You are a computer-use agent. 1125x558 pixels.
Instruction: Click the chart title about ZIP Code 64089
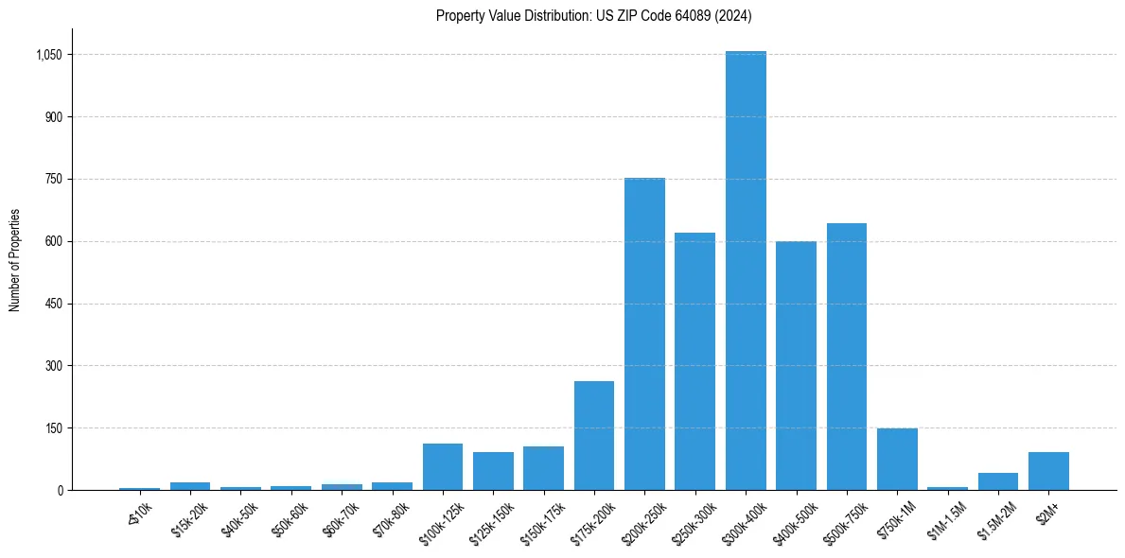[x=593, y=15]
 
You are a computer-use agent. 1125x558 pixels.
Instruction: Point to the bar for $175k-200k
[x=594, y=435]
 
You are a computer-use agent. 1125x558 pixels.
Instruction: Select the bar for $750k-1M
[x=897, y=460]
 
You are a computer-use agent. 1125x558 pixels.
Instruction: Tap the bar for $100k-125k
[x=443, y=466]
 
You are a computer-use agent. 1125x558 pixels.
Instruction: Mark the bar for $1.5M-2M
[x=998, y=481]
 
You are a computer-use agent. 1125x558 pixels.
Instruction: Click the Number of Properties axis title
[x=15, y=260]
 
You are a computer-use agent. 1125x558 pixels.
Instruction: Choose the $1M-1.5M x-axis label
[x=947, y=521]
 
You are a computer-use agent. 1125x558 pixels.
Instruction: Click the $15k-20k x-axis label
[x=189, y=519]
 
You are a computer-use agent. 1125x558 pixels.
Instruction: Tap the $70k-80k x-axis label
[x=392, y=519]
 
